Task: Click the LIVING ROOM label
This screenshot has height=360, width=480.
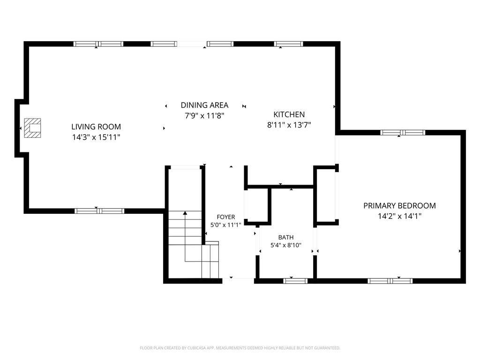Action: tap(96, 127)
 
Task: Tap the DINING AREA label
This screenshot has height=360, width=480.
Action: tap(204, 105)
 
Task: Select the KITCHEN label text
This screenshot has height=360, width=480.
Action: tap(289, 114)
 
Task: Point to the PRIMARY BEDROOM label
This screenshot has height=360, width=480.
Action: tap(399, 206)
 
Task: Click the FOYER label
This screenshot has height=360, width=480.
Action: tap(226, 217)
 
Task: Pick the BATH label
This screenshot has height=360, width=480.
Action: tap(286, 237)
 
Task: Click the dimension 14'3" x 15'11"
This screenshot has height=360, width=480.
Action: tap(96, 137)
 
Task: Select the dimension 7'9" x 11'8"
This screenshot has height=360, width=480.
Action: tap(204, 116)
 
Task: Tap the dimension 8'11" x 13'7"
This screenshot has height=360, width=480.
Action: tap(289, 125)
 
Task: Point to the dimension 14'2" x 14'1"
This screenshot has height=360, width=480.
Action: tap(399, 216)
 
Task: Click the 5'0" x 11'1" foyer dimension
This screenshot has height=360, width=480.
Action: tap(226, 225)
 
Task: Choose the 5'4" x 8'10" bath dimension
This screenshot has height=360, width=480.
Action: tap(286, 245)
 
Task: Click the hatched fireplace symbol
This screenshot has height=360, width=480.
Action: tap(32, 128)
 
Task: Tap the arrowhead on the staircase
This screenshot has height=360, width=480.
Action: tap(185, 212)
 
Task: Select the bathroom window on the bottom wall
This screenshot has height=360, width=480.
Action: tap(295, 281)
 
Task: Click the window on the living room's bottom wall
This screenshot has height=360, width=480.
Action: tap(99, 211)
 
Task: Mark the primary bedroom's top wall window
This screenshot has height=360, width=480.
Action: tap(403, 133)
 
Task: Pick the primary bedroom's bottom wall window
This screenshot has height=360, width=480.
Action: tap(390, 281)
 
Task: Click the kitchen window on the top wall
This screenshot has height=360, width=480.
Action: tap(288, 44)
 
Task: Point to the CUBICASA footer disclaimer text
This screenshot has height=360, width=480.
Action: tap(240, 348)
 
